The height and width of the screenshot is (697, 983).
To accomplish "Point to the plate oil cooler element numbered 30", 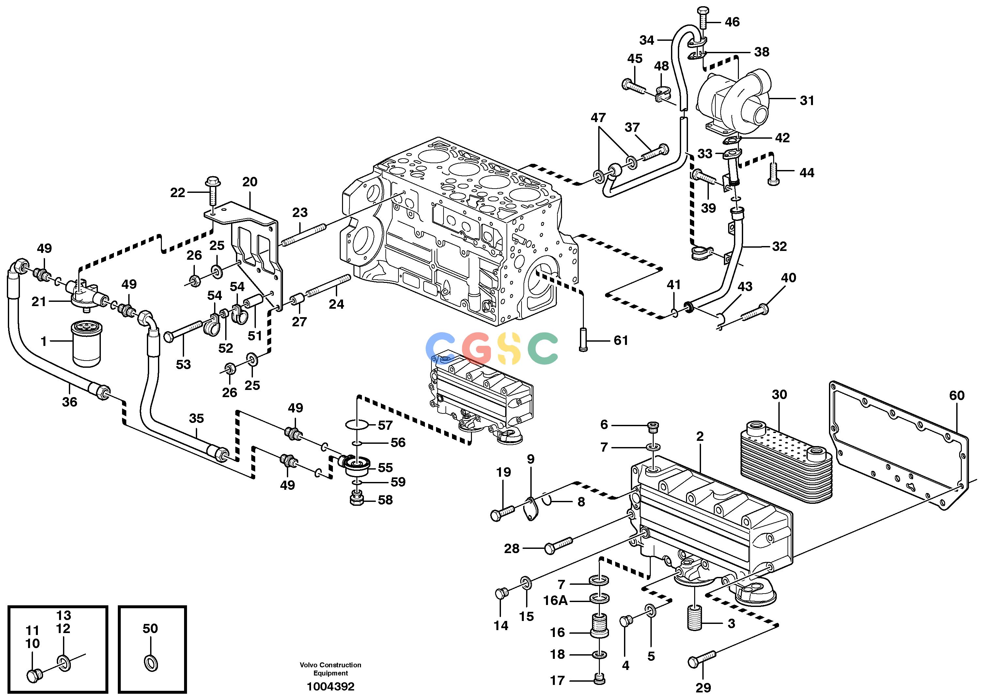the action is click(x=786, y=463).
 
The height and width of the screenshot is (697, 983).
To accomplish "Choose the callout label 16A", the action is click(x=555, y=600).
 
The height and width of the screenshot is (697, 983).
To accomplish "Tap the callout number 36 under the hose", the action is click(x=70, y=402).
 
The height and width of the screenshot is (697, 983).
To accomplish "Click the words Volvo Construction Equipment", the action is click(x=331, y=669).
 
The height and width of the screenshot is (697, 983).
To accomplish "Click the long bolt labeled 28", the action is click(x=558, y=545).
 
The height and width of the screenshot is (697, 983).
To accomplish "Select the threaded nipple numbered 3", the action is click(x=694, y=618).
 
